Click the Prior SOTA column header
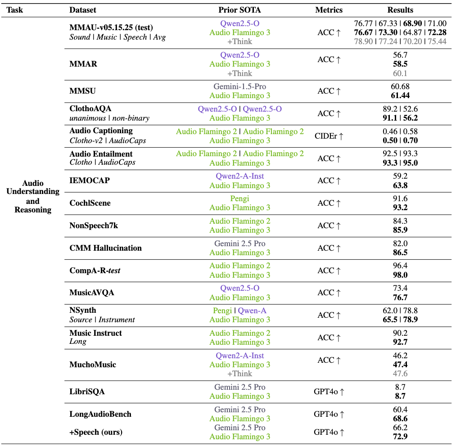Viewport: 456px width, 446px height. coord(239,10)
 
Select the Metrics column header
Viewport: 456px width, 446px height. coord(329,10)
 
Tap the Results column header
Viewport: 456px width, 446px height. coord(400,10)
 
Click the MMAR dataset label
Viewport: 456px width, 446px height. coord(83,64)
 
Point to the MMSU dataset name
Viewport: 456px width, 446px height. coord(82,91)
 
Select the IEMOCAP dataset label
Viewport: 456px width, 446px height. coord(90,180)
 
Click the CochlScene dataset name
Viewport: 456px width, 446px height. coord(90,203)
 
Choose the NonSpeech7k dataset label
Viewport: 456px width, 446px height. coord(94,225)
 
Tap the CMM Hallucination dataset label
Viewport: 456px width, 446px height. coord(105,248)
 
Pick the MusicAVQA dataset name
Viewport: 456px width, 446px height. coord(92,293)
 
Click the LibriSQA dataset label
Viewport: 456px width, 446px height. coord(87,392)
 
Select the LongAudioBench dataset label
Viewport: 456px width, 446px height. coord(100,414)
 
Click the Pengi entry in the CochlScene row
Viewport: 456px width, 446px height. coord(239,198)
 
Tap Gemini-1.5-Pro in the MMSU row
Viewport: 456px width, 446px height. coord(239,86)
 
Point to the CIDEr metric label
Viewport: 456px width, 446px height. coord(329,136)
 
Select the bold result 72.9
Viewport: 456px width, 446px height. coord(400,437)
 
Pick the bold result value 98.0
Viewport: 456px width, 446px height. coord(400,275)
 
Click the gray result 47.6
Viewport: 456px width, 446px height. coord(400,374)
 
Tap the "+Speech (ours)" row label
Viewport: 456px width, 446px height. coord(96,432)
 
